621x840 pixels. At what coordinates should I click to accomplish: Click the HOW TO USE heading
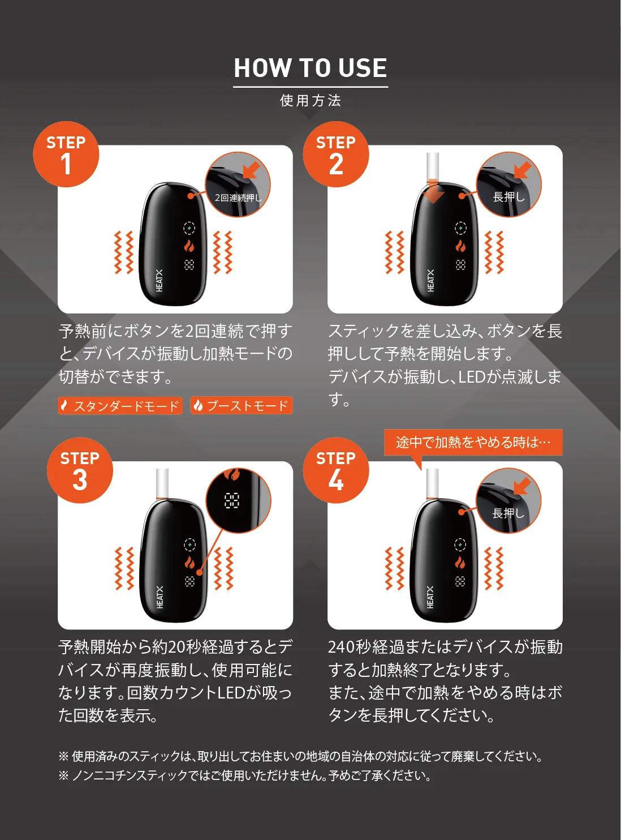point(310,68)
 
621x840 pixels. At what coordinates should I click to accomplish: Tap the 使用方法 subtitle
point(310,101)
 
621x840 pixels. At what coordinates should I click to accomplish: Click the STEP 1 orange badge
point(66,154)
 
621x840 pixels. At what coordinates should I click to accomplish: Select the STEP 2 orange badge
point(335,154)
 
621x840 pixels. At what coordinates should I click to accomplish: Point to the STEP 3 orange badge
point(80,470)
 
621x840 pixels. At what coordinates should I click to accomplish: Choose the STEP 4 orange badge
point(335,470)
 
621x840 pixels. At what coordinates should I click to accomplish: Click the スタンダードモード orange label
point(120,406)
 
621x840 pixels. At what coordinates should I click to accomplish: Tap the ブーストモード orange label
point(241,406)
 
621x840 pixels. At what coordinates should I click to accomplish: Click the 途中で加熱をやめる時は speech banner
point(473,442)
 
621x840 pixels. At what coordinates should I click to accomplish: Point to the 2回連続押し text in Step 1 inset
point(239,198)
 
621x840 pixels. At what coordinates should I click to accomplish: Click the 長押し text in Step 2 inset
point(508,197)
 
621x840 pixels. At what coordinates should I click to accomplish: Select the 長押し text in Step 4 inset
point(508,513)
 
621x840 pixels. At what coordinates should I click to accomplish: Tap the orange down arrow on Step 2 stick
point(433,192)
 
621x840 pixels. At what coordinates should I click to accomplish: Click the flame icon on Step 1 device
point(189,246)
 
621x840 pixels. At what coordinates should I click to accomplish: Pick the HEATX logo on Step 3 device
point(159,597)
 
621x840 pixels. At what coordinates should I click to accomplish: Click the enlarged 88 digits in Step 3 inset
point(231,500)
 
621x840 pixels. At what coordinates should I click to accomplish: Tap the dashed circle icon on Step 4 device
point(460,545)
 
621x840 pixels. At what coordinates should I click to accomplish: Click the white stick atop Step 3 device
point(162,483)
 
